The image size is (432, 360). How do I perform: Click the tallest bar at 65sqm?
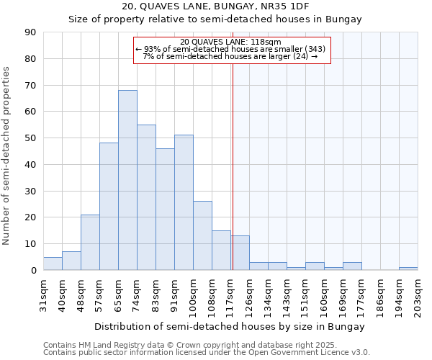tap(127, 180)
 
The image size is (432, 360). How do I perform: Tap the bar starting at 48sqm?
tap(90, 242)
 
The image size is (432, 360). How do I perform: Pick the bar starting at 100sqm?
tap(202, 235)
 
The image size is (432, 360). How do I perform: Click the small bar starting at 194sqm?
tap(408, 269)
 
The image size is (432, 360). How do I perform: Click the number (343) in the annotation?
tap(316, 49)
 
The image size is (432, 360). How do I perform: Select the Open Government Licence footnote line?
tap(207, 353)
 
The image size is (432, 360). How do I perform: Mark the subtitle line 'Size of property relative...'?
tap(215, 19)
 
